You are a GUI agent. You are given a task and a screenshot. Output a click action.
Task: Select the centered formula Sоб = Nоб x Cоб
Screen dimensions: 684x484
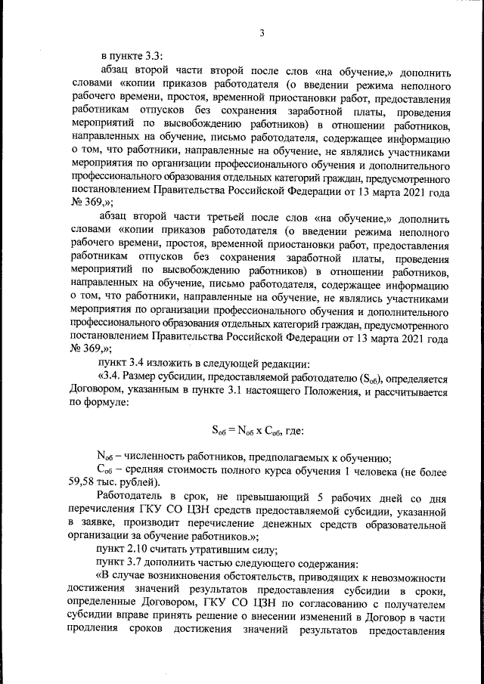[x=258, y=431]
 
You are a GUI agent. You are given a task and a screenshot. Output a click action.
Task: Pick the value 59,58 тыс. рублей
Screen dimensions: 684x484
[x=103, y=483]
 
